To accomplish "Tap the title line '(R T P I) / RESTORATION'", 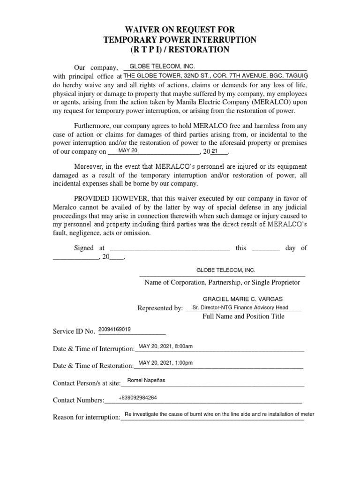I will [180, 50].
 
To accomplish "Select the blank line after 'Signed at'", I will [170, 248].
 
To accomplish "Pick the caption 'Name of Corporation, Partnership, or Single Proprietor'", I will [222, 283].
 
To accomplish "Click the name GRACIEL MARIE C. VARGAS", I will [243, 299].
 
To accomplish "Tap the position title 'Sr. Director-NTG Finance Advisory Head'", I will [244, 307].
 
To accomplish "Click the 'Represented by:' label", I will [160, 308].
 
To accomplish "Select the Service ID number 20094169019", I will [114, 329].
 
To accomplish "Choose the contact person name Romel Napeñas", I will [146, 380].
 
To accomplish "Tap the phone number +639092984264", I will [138, 397].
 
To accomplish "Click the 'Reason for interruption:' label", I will [87, 418].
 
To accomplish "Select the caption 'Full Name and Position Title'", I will [243, 316].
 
